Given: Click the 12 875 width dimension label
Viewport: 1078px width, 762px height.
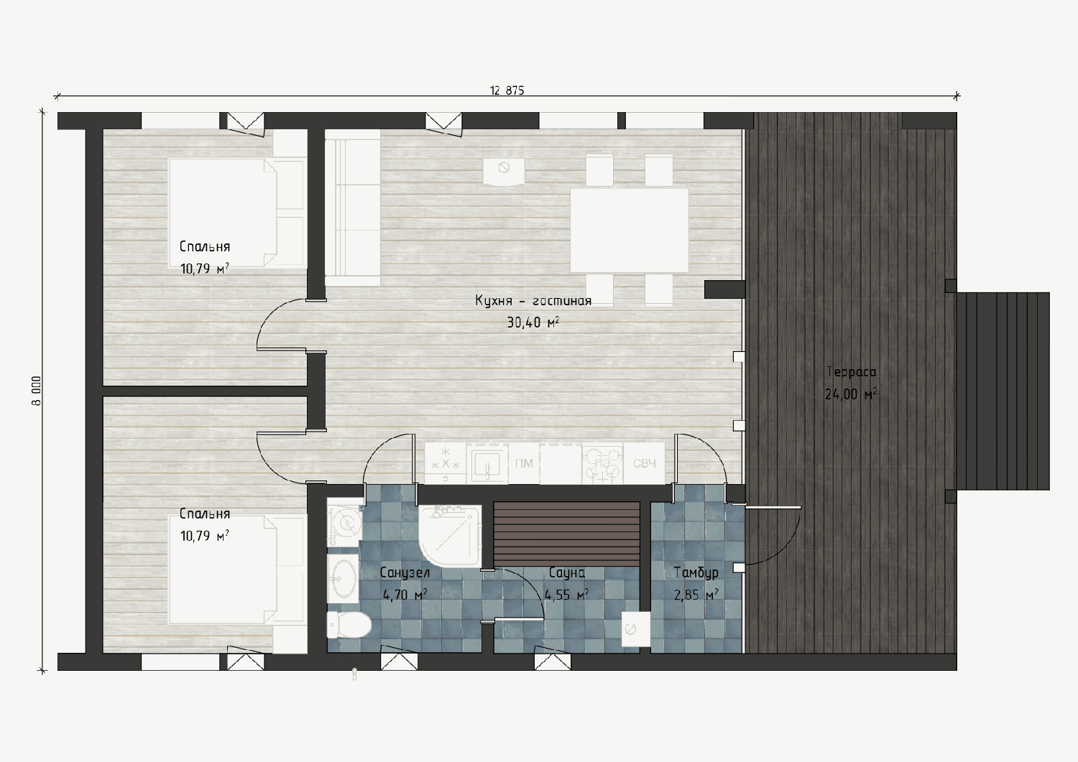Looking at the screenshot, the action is [507, 90].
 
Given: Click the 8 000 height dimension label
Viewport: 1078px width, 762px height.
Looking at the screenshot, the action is [37, 391].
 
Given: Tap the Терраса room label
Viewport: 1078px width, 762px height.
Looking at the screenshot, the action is [851, 372].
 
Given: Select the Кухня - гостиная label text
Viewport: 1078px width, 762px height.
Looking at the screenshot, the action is [533, 301].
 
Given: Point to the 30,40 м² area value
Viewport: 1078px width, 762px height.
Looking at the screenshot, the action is [533, 322].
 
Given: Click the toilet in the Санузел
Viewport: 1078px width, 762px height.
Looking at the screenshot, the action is [349, 626].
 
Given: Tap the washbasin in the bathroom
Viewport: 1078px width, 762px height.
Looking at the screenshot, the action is [343, 579].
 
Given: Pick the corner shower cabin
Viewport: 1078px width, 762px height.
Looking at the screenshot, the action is [450, 536].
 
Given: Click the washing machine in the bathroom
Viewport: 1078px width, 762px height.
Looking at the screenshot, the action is [344, 522].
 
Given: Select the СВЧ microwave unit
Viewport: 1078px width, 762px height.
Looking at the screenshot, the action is [645, 463].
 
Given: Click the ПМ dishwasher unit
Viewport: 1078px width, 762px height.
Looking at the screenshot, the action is [524, 463].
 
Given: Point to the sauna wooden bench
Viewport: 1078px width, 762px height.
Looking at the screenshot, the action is [566, 534].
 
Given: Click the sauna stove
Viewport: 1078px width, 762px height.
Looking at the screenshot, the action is [636, 628].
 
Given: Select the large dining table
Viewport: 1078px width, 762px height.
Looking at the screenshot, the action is [630, 231].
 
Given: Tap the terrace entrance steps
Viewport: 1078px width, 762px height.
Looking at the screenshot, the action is [1003, 391].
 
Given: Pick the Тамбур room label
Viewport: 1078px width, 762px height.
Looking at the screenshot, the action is [696, 572].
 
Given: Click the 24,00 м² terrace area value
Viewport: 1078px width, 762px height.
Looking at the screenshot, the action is [851, 394].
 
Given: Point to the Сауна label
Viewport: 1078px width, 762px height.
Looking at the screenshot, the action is [567, 572].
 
